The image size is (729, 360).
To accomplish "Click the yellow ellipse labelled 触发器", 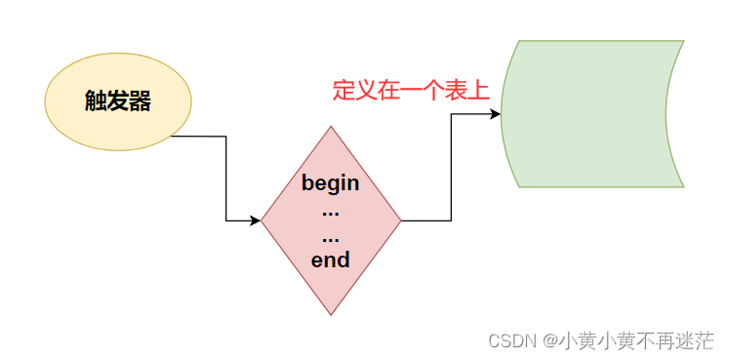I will pos(118,101).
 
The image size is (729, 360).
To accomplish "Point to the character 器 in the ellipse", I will pos(141,101).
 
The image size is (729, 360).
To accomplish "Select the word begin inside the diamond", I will pos(330,183).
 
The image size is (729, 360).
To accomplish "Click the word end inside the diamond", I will pos(330,260).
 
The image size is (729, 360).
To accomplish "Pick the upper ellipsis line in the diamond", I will pos(330,210).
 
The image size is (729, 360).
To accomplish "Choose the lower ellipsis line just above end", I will pos(330,236).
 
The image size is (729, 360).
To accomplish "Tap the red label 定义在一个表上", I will pos(410,92).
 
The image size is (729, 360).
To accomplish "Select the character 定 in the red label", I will pos(344,92).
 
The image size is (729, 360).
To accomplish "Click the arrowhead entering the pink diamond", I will pos(255,220).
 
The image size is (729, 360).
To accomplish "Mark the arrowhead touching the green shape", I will pos(495,114).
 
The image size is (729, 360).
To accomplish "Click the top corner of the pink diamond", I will pos(331,128).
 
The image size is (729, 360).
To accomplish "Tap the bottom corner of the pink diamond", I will pos(331,313).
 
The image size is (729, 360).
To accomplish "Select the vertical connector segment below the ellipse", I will pos(226,179).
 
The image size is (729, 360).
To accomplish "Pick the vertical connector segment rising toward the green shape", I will pos(451,167).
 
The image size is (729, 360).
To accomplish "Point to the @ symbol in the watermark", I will pos(551,340).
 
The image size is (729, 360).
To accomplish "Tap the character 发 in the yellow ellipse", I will pos(118,101).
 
